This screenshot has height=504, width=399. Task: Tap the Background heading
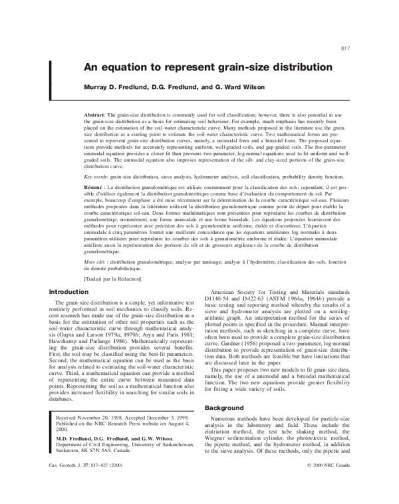(227, 407)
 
